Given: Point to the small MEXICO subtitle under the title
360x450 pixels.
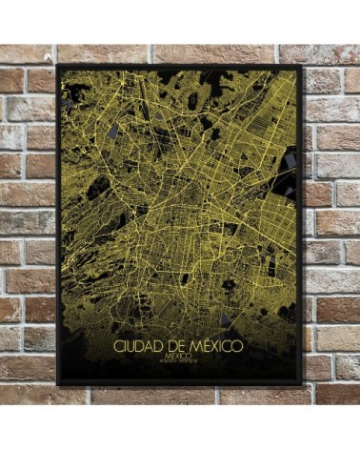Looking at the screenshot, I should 178,356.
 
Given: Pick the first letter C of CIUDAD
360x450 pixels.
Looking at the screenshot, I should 116,345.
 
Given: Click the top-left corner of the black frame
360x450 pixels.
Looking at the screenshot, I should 58,66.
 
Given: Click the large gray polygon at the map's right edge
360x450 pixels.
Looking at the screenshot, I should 290,187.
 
